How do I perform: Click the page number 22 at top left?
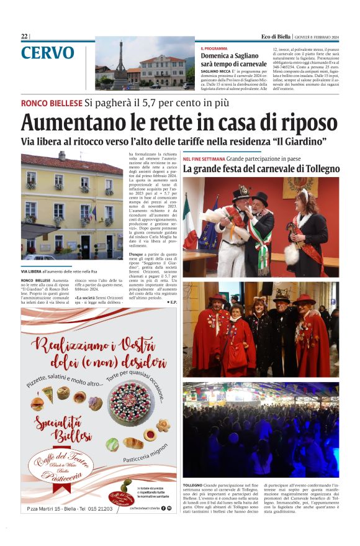click(24, 37)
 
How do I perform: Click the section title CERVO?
click(47, 54)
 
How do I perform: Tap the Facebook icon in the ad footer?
click(163, 508)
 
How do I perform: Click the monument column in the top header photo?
click(120, 64)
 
